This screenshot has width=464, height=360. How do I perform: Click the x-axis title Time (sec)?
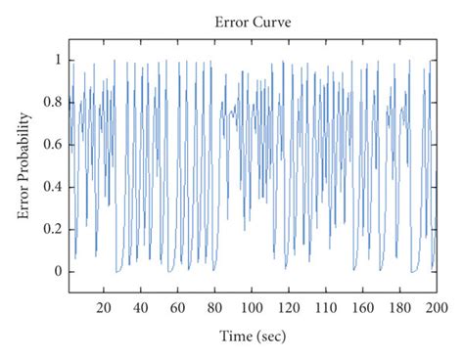[x=252, y=337]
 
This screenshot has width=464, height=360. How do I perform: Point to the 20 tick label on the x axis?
[x=105, y=306]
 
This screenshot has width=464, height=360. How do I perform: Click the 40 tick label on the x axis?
[x=141, y=306]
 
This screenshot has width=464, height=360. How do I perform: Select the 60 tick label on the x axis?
[x=178, y=306]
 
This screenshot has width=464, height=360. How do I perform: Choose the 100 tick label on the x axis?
[x=252, y=306]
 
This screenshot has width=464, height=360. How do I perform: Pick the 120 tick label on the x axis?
[x=289, y=306]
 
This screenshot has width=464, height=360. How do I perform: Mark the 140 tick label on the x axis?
[x=326, y=306]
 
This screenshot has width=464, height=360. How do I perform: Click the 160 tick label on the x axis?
[x=362, y=306]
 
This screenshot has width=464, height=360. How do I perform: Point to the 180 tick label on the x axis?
[x=399, y=306]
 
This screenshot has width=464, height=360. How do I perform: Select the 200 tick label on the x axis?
[x=436, y=306]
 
